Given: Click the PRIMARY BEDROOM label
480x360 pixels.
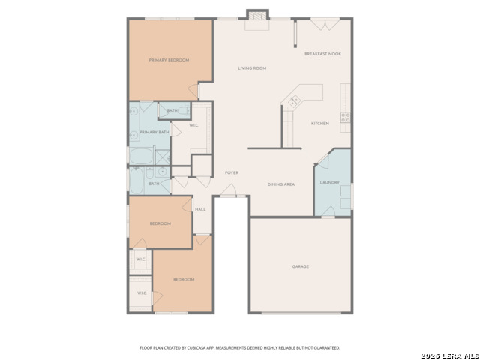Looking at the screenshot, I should [x=168, y=60].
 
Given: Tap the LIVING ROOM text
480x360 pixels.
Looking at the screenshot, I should [x=252, y=68].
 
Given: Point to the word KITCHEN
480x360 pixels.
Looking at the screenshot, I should [x=319, y=123].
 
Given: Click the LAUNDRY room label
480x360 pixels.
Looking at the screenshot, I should [x=330, y=182].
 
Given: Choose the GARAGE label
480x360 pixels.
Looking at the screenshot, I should [x=300, y=266].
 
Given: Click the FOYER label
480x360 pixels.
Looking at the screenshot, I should [x=232, y=172].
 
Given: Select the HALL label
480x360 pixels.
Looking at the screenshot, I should [x=200, y=209].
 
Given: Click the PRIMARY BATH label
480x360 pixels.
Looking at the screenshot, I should [x=154, y=132].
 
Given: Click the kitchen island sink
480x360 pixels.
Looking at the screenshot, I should [x=295, y=98].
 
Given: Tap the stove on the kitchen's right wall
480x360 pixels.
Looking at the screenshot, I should [x=346, y=117].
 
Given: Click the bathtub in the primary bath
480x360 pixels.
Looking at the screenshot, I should [x=140, y=157].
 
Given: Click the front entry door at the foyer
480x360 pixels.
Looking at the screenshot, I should [x=232, y=196].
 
